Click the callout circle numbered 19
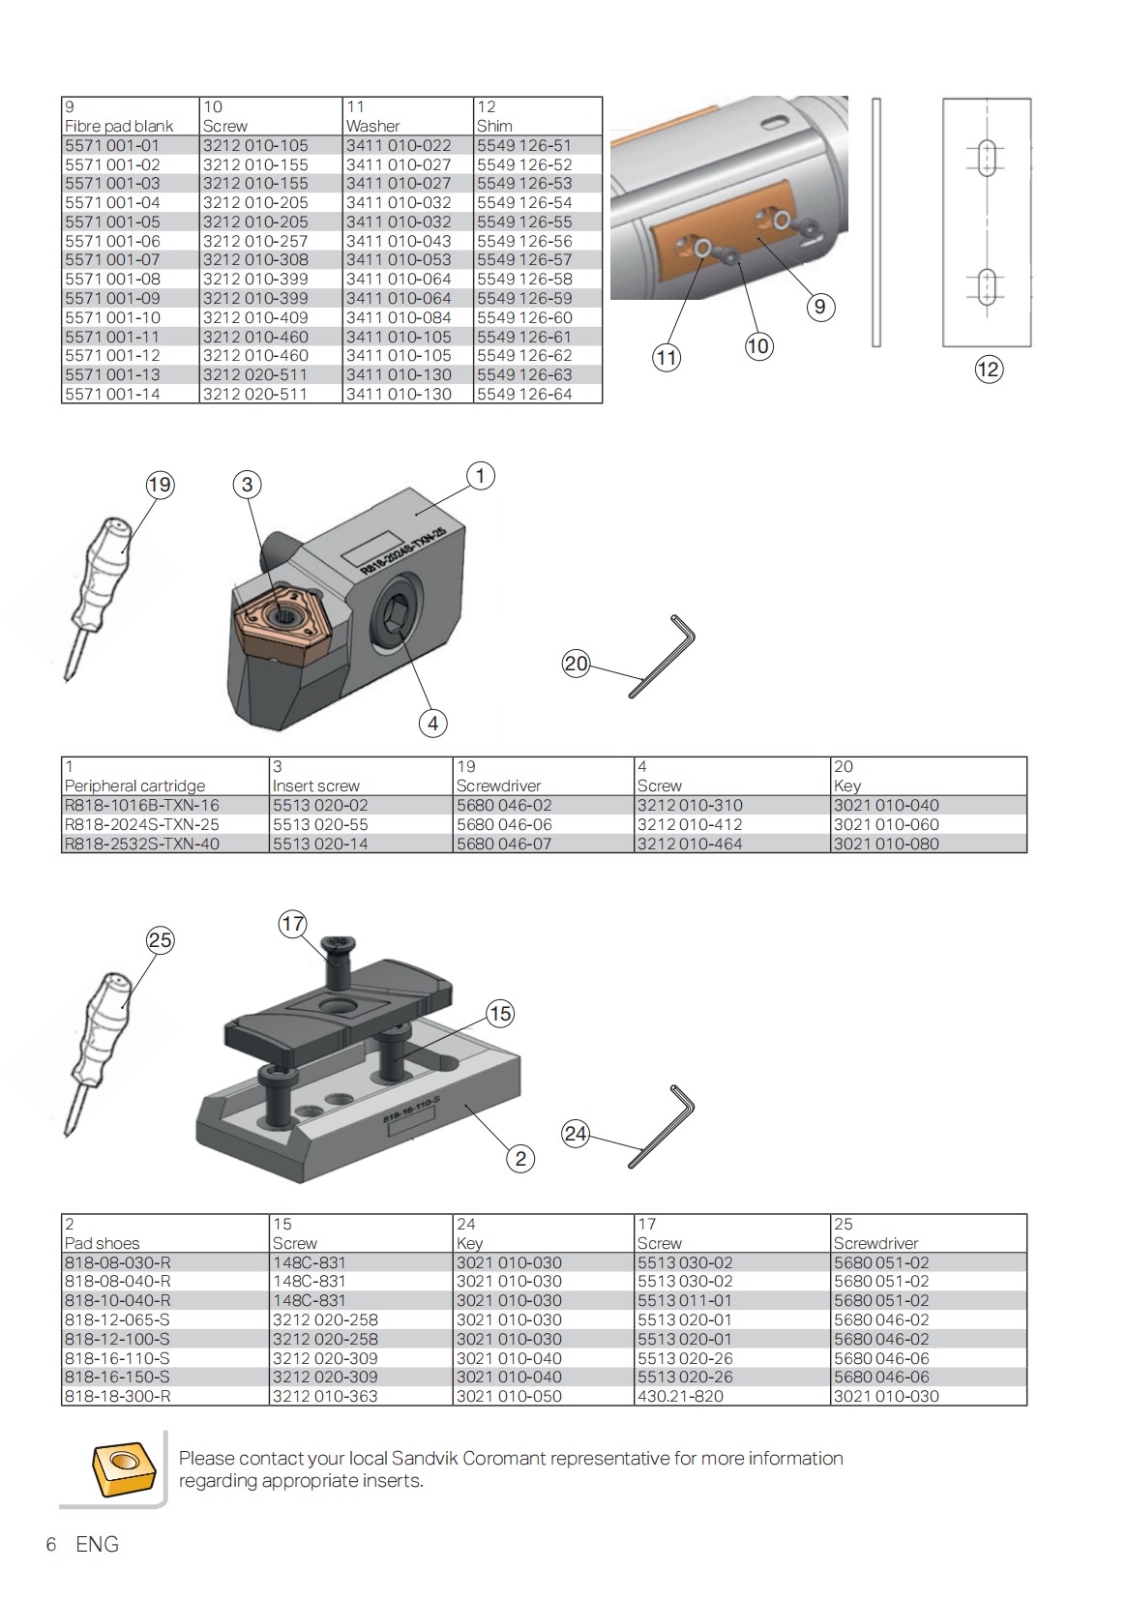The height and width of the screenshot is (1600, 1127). [x=160, y=485]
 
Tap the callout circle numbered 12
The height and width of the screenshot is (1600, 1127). [x=988, y=370]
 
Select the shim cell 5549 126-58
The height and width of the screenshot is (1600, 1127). [x=524, y=280]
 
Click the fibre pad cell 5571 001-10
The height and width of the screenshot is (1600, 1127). [x=112, y=317]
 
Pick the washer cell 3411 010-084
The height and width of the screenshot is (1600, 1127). [x=399, y=317]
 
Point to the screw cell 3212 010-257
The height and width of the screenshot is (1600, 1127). [x=255, y=241]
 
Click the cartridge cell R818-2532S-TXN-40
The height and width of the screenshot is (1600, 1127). [x=141, y=844]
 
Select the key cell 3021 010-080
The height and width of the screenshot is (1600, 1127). [x=886, y=844]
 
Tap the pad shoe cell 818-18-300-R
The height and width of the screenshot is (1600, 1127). [x=117, y=1396]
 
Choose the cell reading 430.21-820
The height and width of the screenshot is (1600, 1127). [x=679, y=1396]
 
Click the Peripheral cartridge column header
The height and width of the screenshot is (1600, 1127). [x=134, y=785]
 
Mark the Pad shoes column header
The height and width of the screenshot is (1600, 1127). [x=102, y=1243]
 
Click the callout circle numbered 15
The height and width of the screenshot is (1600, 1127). [x=499, y=1014]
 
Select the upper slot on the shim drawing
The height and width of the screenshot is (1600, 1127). [x=987, y=158]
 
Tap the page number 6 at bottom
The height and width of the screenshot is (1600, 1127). [x=51, y=1545]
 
